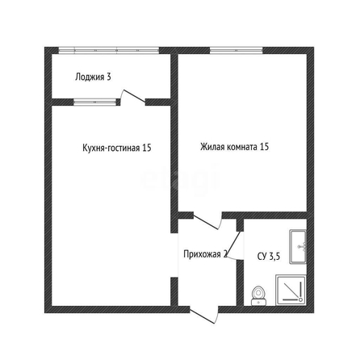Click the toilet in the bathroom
258,296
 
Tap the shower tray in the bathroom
291,290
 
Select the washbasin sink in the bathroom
298,246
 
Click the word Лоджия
90,77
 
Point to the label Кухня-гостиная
111,148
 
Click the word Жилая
213,147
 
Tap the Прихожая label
202,254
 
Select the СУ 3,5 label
269,257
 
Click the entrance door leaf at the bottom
203,316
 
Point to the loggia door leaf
134,96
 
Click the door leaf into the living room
206,222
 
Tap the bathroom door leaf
234,245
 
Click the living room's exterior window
236,50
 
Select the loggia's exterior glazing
109,50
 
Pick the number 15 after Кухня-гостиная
147,148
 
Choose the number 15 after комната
264,147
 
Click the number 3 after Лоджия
108,77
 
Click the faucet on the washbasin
303,246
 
